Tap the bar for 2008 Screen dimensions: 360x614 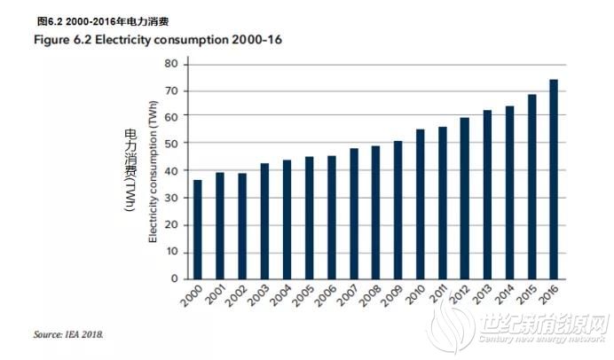(x=375, y=212)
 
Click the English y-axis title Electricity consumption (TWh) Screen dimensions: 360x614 (x=153, y=169)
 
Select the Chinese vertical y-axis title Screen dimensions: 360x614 (x=129, y=169)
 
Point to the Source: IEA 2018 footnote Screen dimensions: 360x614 (x=69, y=334)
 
